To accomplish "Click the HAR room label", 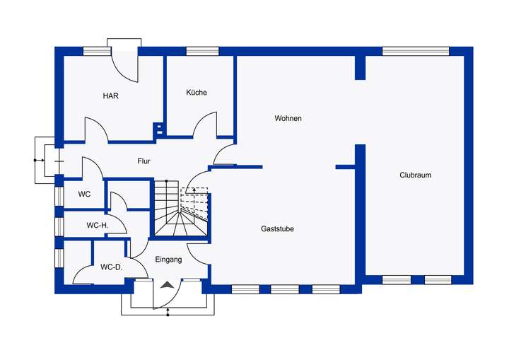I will [110, 95].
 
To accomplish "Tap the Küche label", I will [197, 93].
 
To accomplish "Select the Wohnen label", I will [288, 118].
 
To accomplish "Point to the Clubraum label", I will [415, 175].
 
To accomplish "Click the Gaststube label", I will [277, 229].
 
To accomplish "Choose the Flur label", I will [144, 161].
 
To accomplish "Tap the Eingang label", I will [169, 260].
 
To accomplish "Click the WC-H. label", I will [96, 225].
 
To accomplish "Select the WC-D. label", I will [111, 267].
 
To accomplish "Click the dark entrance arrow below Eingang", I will [168, 284].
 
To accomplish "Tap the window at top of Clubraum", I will [416, 51].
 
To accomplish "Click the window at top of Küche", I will [201, 51].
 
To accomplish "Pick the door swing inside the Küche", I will [205, 124].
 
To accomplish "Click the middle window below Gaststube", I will [285, 289].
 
